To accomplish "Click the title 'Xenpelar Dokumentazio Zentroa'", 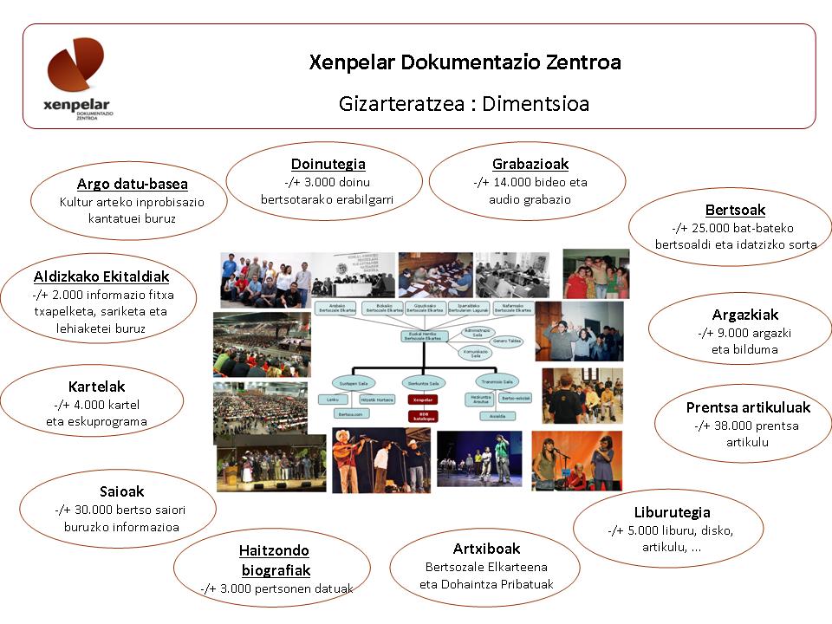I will coord(465,63).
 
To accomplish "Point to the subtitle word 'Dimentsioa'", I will coord(536,104).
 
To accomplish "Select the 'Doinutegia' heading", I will coord(328,164).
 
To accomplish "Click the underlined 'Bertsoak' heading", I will coord(735,210).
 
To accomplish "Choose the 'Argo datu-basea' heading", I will coord(132,184).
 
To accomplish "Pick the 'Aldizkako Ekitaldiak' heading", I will coord(101,276).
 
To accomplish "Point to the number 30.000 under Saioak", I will coord(88,510).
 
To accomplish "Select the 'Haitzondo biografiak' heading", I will coord(275,560).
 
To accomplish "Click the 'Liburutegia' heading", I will coord(672,512).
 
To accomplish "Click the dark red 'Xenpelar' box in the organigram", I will coord(423,400).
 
